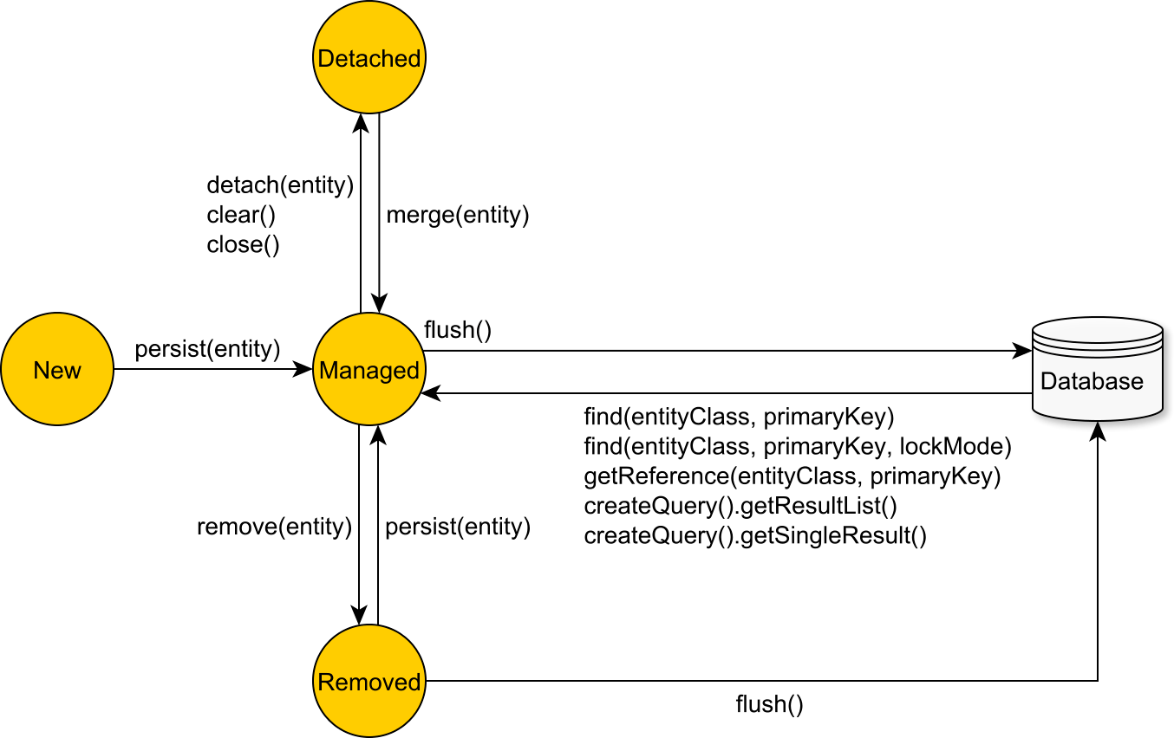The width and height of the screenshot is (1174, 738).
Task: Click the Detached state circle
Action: tap(369, 57)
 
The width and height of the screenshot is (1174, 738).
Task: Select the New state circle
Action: tap(57, 370)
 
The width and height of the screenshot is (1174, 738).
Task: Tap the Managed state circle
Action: tap(369, 370)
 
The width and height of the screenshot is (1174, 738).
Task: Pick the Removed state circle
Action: tap(369, 682)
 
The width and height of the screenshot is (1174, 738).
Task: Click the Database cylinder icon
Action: tap(1097, 370)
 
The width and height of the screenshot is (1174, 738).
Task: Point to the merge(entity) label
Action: tap(457, 215)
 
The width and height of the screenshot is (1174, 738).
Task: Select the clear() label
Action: tap(234, 215)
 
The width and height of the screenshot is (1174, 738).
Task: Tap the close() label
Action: tap(243, 245)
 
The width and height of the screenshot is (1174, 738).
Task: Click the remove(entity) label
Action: tap(274, 527)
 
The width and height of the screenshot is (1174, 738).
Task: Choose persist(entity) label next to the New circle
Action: tap(207, 349)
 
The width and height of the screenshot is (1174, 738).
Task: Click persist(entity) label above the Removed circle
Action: tap(457, 527)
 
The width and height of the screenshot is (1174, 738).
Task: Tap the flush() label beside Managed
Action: tap(458, 330)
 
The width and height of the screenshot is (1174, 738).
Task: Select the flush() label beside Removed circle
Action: tap(769, 704)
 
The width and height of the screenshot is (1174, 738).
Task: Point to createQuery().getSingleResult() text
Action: tap(755, 536)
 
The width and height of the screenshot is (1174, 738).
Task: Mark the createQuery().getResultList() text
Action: tap(740, 507)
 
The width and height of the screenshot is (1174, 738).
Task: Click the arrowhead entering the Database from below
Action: tap(1098, 430)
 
